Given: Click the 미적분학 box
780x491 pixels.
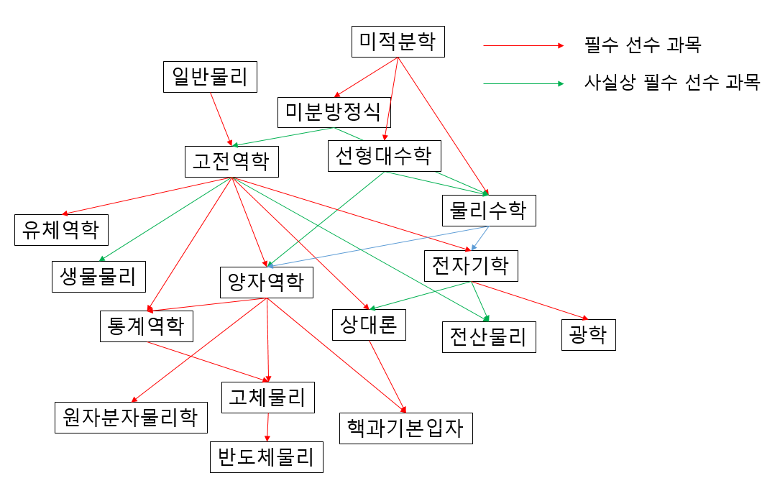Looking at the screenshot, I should pos(398,42).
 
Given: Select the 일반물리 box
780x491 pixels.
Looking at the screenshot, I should pos(210,77).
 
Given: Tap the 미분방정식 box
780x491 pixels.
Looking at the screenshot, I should pos(334,112).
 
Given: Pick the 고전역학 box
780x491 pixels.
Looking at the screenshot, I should pos(231,161).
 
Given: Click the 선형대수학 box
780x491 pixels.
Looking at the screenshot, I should pos(384,156).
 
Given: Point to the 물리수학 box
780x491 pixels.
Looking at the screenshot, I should pos(488,211).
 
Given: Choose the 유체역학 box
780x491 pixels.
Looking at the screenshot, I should pos(62,229).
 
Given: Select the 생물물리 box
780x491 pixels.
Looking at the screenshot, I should pos(98,276).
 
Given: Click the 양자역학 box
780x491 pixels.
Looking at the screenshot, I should pos(266,282).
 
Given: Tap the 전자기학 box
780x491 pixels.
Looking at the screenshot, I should pos(471,266).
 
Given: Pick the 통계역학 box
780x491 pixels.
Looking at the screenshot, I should pos(146,326).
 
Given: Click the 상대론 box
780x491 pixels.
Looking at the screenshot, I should pos(370,324).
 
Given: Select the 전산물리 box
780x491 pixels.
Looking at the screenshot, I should pos(488,336).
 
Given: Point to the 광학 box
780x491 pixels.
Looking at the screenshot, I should pos(588,335).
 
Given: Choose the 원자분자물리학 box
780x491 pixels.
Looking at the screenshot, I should pos(131,417).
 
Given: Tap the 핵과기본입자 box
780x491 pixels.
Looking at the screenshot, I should pos(405,428).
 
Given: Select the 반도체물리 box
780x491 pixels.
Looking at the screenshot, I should pos(266,456).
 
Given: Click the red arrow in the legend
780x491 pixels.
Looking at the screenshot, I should pos(523,46).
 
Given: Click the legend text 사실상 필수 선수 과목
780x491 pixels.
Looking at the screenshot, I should pos(671,82).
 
